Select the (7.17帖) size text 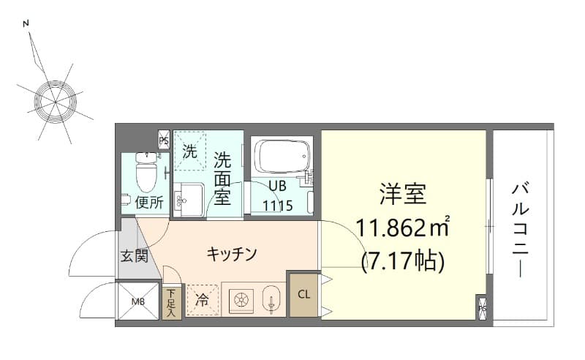402,260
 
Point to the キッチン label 231,254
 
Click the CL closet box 303,294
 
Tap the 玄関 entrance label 135,256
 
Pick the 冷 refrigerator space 201,300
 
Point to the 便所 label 149,203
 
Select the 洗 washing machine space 190,153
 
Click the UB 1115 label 278,197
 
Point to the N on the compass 27,23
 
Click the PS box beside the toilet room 164,139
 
